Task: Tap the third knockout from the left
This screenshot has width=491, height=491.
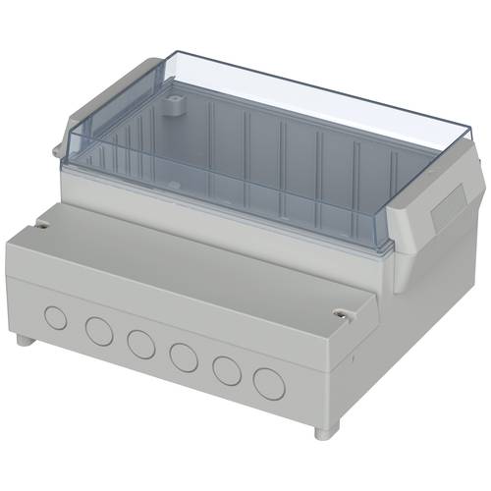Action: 139,343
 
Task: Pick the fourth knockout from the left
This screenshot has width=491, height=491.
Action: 182,355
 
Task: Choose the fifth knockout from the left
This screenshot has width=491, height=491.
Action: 225,369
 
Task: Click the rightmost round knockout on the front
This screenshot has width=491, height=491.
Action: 267,382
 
